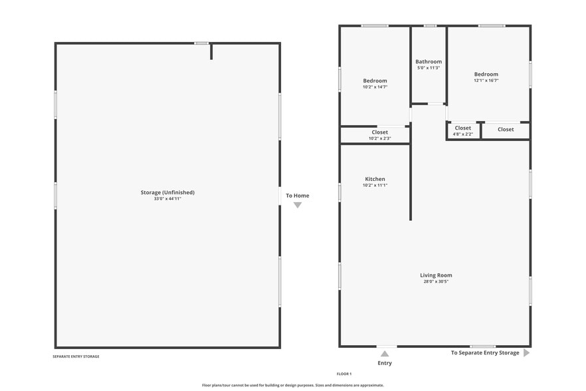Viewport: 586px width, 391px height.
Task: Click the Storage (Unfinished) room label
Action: (x=167, y=192)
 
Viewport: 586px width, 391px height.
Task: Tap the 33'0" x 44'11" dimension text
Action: (x=167, y=199)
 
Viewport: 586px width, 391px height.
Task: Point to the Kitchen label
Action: (x=375, y=179)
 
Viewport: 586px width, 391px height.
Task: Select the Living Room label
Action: (x=436, y=275)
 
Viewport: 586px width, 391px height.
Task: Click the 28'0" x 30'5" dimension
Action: (x=436, y=281)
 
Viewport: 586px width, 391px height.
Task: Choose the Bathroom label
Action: (x=429, y=61)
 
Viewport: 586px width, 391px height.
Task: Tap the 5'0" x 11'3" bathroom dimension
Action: (x=429, y=68)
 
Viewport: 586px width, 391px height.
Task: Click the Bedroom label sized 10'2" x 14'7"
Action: (x=375, y=80)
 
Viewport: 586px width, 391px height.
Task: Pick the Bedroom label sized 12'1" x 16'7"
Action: (x=486, y=74)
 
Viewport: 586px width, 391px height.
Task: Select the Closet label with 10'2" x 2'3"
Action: (x=380, y=132)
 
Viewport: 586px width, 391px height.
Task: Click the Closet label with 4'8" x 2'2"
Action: (x=462, y=128)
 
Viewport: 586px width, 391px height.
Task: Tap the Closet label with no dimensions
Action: (x=506, y=130)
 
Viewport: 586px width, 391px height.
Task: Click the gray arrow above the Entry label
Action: (x=385, y=354)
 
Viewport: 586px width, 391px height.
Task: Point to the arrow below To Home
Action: (x=298, y=205)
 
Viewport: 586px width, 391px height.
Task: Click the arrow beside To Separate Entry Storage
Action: (x=526, y=352)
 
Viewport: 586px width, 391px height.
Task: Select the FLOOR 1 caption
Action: (x=344, y=374)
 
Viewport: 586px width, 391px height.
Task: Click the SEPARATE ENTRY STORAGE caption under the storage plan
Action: (x=76, y=356)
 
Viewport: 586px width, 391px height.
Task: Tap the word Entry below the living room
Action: (x=385, y=363)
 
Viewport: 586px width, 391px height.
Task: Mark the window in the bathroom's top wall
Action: (x=430, y=26)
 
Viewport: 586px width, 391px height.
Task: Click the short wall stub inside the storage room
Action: (x=211, y=52)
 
